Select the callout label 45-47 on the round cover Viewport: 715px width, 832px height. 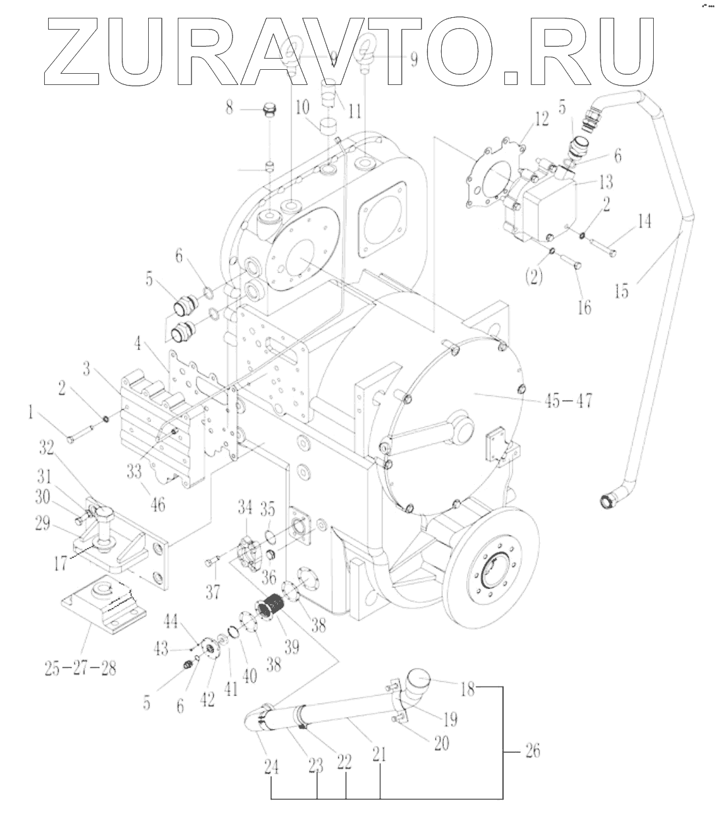click(568, 400)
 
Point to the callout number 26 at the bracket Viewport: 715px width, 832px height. click(531, 750)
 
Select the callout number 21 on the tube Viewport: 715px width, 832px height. click(380, 763)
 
